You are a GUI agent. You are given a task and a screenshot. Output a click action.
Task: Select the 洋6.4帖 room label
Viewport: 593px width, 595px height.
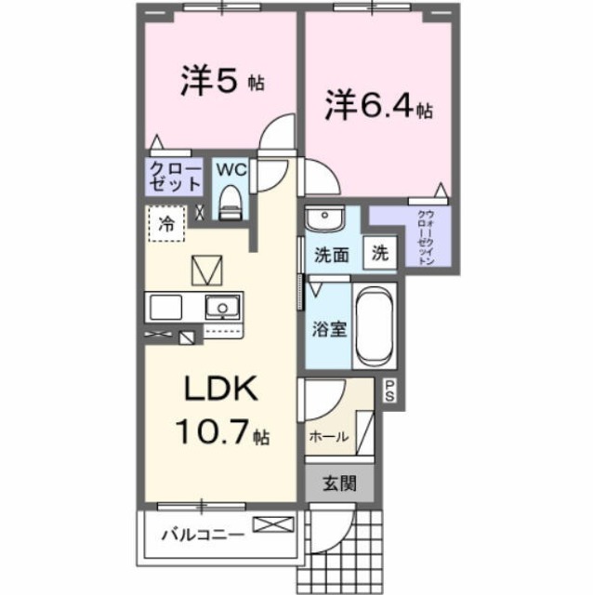[x=377, y=107]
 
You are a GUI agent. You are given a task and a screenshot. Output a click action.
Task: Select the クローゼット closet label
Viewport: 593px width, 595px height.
[x=175, y=177]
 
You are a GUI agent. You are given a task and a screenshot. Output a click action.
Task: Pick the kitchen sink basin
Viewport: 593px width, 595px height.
[x=221, y=306]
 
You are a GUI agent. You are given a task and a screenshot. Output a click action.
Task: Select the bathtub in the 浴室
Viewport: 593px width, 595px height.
[x=376, y=326]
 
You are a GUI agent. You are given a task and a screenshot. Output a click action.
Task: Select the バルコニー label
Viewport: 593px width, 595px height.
[x=202, y=535]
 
